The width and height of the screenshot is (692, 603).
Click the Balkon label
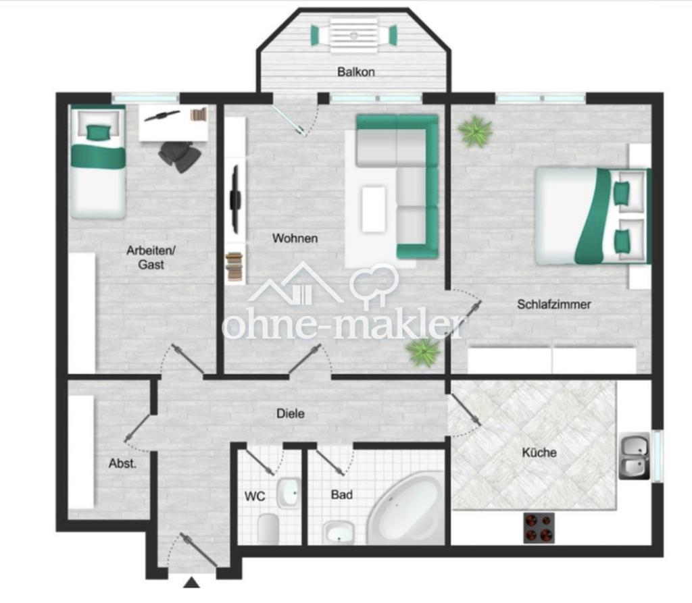click(355, 72)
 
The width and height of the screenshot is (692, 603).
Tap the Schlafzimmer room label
click(554, 305)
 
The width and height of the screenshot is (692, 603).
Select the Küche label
click(539, 452)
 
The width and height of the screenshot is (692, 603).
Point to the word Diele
click(291, 413)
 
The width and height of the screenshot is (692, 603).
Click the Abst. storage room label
click(123, 464)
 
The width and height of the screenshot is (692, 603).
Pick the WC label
click(255, 496)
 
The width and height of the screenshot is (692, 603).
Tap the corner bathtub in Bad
click(405, 507)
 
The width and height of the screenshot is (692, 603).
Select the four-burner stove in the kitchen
click(539, 527)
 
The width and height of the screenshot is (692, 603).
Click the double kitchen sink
click(635, 456)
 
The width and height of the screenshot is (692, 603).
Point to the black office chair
click(180, 156)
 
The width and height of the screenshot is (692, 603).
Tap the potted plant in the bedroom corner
click(475, 130)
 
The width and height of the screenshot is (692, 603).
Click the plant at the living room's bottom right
click(423, 352)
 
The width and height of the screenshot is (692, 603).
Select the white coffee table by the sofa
click(374, 209)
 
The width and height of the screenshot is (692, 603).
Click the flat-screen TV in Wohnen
click(235, 199)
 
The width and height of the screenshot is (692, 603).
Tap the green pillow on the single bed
click(97, 132)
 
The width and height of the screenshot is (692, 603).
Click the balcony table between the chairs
click(354, 35)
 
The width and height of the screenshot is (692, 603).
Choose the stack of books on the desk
click(199, 114)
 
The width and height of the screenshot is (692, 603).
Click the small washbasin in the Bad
click(338, 532)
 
